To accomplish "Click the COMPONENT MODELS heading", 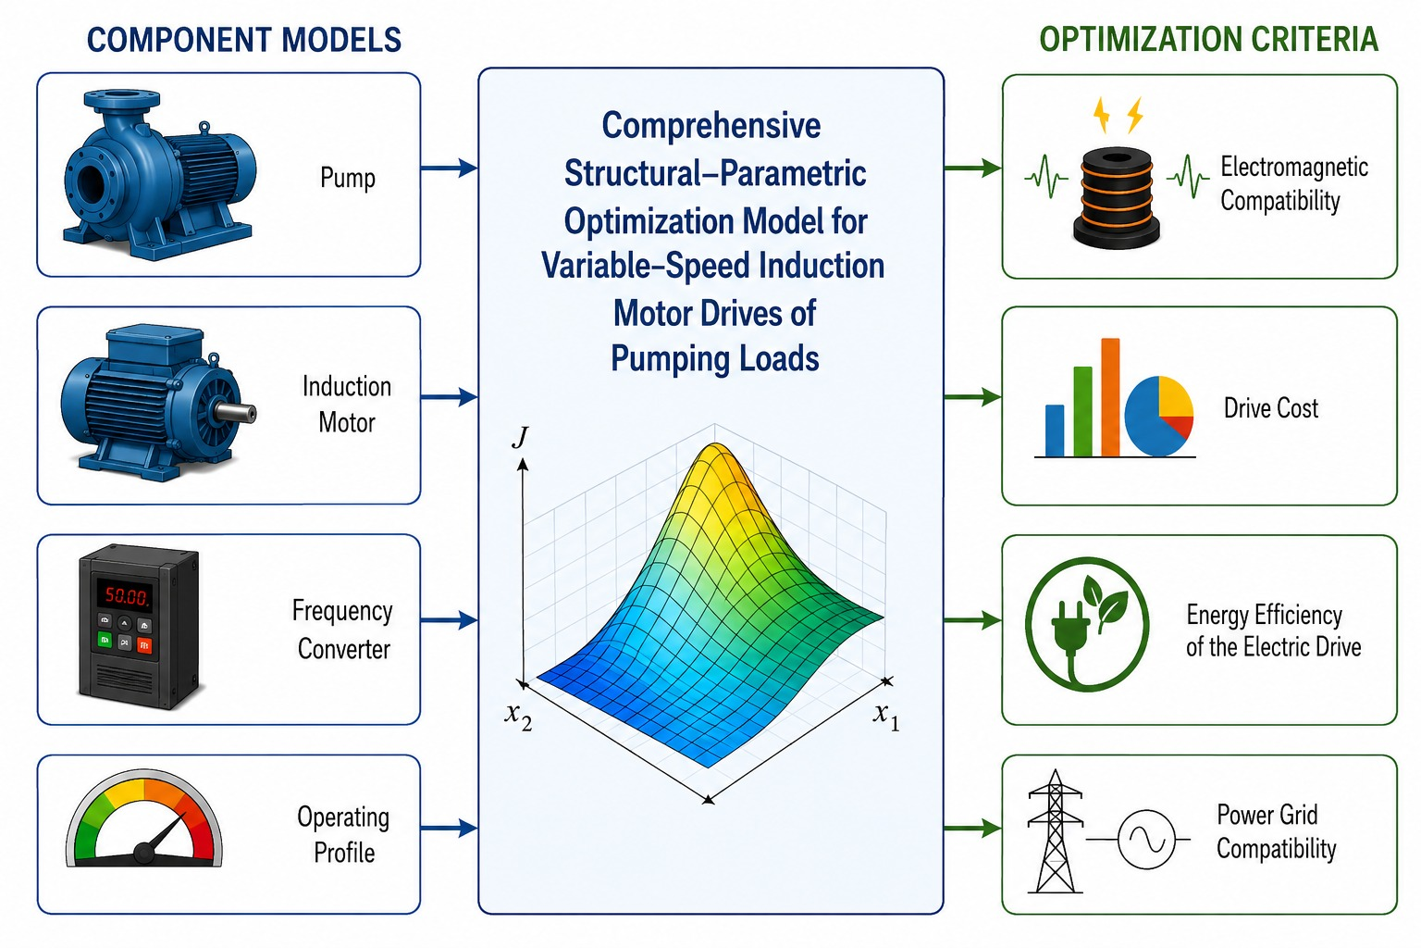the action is [x=244, y=40].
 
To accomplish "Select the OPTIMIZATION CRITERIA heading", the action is [x=1208, y=40].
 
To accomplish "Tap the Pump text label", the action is [x=348, y=177].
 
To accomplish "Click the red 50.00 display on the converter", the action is [x=126, y=595].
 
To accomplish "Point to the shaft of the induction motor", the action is [x=236, y=413].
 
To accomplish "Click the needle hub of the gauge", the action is [x=144, y=852].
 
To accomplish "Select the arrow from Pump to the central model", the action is [x=449, y=168].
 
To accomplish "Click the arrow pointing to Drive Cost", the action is [x=973, y=397].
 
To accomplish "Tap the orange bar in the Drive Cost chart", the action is [x=1110, y=397].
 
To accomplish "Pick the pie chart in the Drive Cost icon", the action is [x=1158, y=416].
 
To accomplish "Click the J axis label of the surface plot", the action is [x=521, y=437].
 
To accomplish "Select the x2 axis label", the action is [x=518, y=717].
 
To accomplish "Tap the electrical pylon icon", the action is [x=1055, y=831].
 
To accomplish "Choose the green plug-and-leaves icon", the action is [x=1087, y=625].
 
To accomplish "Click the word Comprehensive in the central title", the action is [x=711, y=126].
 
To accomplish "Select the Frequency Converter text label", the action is [x=343, y=630].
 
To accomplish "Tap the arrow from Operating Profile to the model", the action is [x=449, y=828].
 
